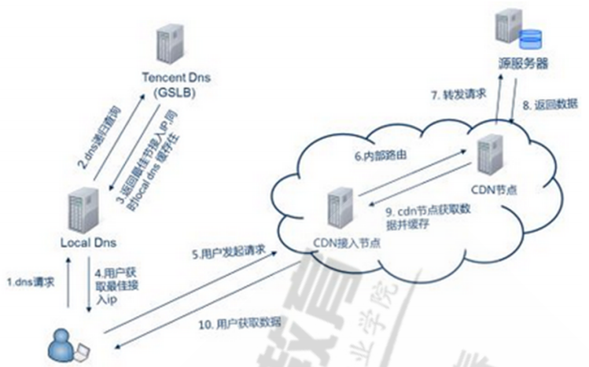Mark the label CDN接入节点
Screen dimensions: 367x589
pyautogui.click(x=342, y=242)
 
